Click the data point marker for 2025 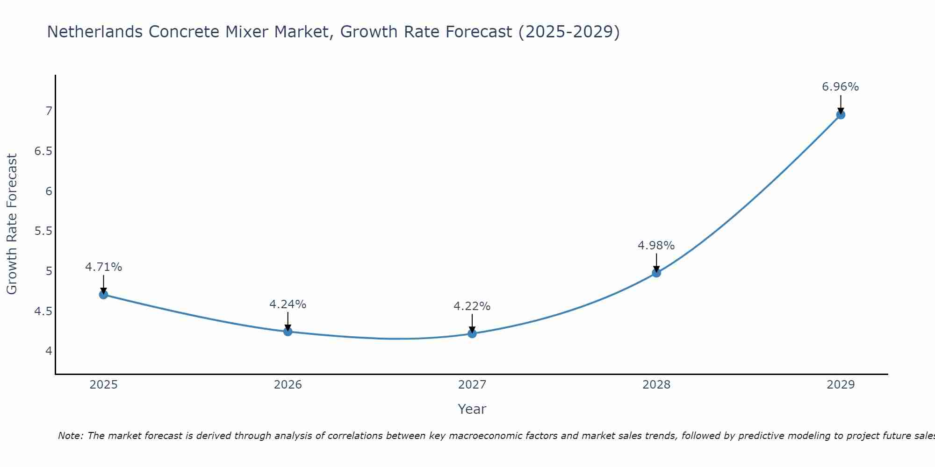(x=103, y=295)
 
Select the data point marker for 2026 (x=288, y=332)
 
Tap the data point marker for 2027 (x=472, y=333)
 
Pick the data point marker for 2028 (x=656, y=273)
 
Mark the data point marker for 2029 (x=840, y=114)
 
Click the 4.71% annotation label (x=103, y=267)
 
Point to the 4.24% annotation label (x=288, y=304)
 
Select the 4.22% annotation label (x=472, y=306)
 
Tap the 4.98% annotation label (x=656, y=246)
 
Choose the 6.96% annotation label (x=840, y=87)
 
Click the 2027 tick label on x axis (x=472, y=385)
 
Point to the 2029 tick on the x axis (x=840, y=385)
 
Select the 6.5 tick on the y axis (x=43, y=151)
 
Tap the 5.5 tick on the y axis (x=43, y=231)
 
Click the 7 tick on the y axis (x=48, y=111)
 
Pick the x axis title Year (x=472, y=409)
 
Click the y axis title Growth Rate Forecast (x=12, y=224)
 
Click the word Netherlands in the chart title (x=95, y=32)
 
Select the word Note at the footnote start (x=70, y=436)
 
